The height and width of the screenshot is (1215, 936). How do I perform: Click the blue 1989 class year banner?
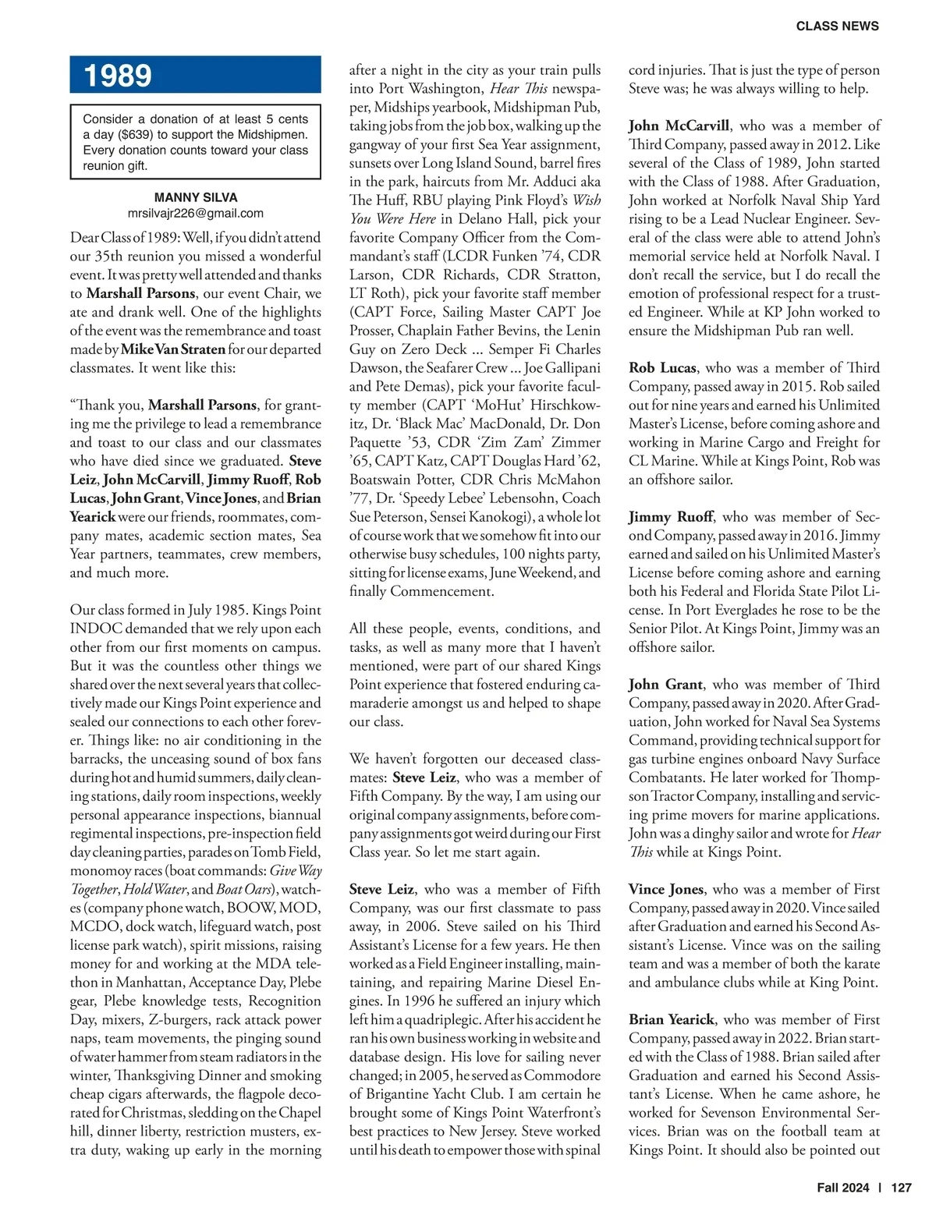tap(195, 76)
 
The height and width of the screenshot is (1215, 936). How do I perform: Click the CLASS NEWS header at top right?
tap(837, 27)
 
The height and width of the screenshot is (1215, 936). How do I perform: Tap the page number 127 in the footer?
tap(901, 1188)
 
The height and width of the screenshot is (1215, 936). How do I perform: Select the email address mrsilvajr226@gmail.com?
tap(195, 213)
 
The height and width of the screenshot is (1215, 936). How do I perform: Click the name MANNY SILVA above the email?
tap(196, 197)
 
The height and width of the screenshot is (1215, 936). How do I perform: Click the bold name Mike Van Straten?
tap(173, 349)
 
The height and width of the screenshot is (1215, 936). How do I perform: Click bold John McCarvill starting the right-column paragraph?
tap(679, 126)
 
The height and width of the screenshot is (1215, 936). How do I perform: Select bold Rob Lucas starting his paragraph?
tap(662, 368)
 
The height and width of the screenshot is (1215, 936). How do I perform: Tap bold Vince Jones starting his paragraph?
tap(665, 889)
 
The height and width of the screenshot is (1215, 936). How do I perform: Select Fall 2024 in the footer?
tap(842, 1188)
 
